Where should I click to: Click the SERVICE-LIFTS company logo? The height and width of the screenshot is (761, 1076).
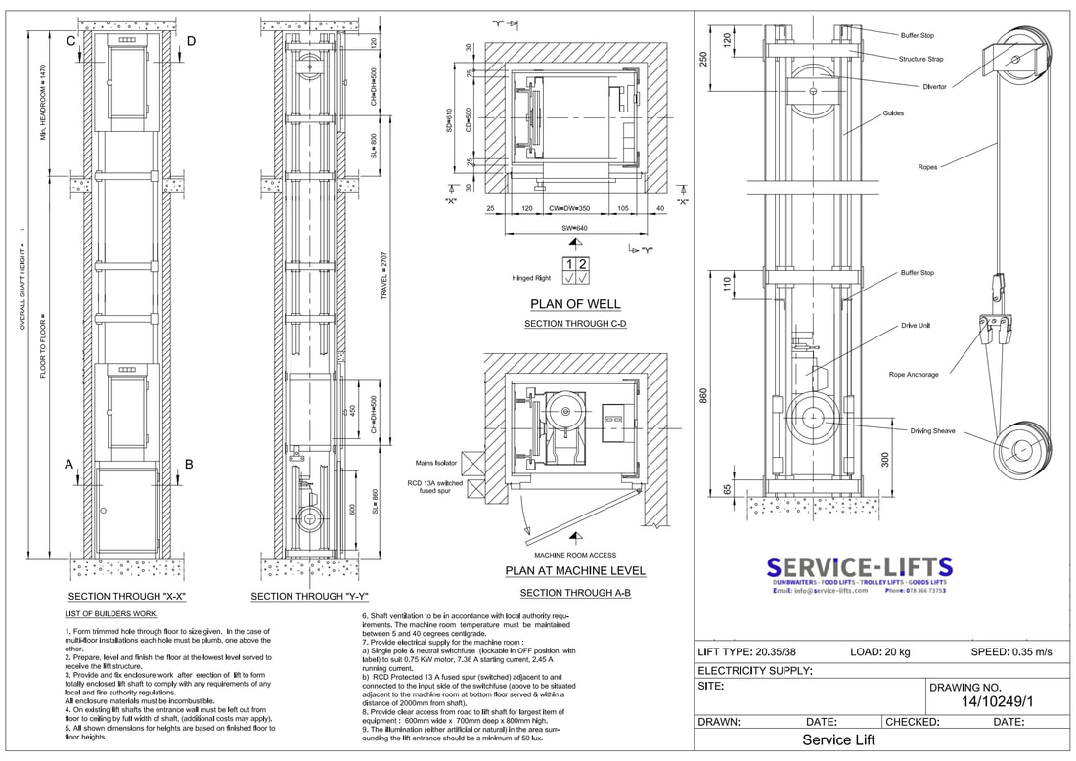pos(859,568)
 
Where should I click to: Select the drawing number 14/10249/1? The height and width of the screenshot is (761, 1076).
pos(997,701)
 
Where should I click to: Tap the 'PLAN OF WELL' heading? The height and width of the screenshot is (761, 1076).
pos(576,304)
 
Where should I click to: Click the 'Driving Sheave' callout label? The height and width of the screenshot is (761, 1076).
pos(933,431)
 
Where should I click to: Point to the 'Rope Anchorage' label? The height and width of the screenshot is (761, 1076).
pos(913,374)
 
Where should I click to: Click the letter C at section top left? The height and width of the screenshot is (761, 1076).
pos(71,41)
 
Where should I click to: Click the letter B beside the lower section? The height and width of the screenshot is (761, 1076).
pos(190,466)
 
